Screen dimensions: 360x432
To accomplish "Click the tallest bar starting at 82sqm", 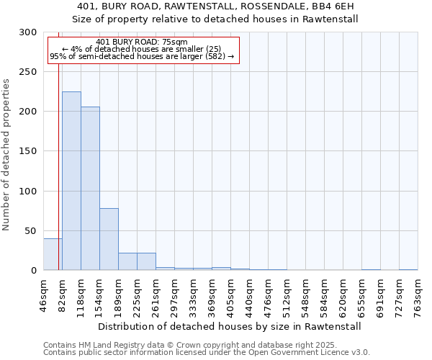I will (x=71, y=181).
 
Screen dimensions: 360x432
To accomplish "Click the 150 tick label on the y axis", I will (x=28, y=151).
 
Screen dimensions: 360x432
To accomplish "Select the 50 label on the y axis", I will (x=31, y=230).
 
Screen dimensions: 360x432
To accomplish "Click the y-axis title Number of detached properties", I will (x=6, y=155).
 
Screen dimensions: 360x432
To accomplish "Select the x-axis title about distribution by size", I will (x=228, y=326).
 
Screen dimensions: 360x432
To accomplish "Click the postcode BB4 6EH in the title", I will (x=335, y=7).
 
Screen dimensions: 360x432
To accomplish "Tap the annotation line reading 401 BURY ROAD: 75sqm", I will (x=141, y=42).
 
